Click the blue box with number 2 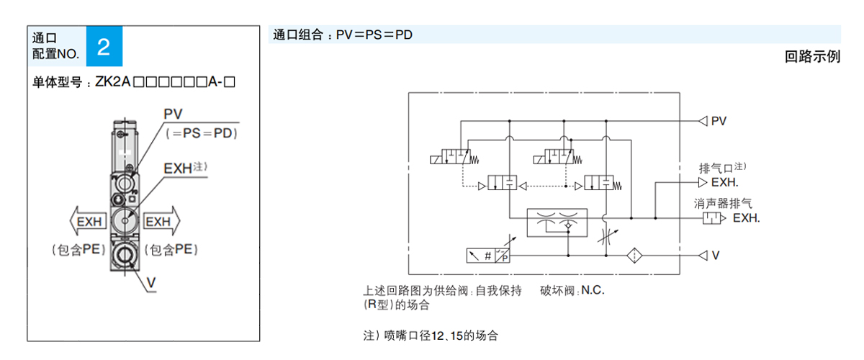click(x=104, y=48)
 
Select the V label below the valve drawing click(x=152, y=283)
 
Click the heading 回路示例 click(x=812, y=57)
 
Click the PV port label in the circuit click(x=719, y=121)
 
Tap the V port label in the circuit click(x=716, y=256)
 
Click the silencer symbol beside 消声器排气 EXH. click(x=712, y=217)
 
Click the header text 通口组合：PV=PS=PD click(x=343, y=34)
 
